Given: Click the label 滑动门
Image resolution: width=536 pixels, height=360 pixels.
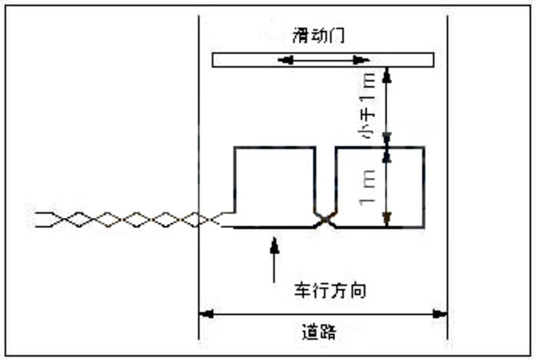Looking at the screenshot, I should coord(318,36).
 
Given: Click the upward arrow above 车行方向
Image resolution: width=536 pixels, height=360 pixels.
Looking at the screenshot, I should coord(273,255).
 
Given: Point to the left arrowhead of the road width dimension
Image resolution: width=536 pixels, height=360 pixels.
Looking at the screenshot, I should coord(205,313).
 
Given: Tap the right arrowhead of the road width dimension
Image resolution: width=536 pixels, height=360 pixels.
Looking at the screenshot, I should coord(442,313).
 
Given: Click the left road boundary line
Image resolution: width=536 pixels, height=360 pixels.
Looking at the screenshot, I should coord(199,134).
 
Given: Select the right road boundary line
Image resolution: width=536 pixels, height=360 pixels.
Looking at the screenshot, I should coord(448,134).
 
